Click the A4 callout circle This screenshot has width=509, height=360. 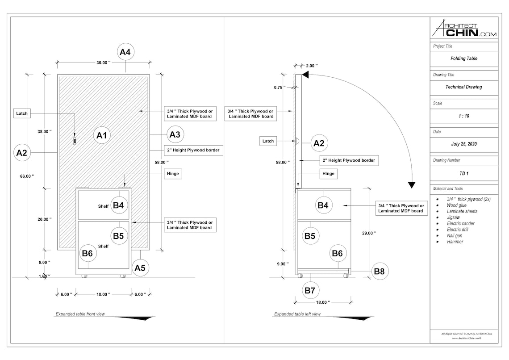(126, 52)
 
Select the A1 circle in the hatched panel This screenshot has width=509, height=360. (101, 135)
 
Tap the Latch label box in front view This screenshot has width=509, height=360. (22, 113)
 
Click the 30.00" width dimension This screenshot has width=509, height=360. (103, 63)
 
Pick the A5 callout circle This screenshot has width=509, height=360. (140, 268)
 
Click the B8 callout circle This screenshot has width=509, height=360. (380, 271)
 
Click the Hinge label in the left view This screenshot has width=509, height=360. (328, 174)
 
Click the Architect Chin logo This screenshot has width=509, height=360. (464, 29)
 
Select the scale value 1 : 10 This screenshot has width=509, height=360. (464, 116)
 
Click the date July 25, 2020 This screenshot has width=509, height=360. (464, 144)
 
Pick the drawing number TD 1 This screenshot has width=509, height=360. (464, 173)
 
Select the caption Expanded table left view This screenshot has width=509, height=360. (297, 314)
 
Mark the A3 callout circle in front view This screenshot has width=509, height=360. (175, 134)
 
